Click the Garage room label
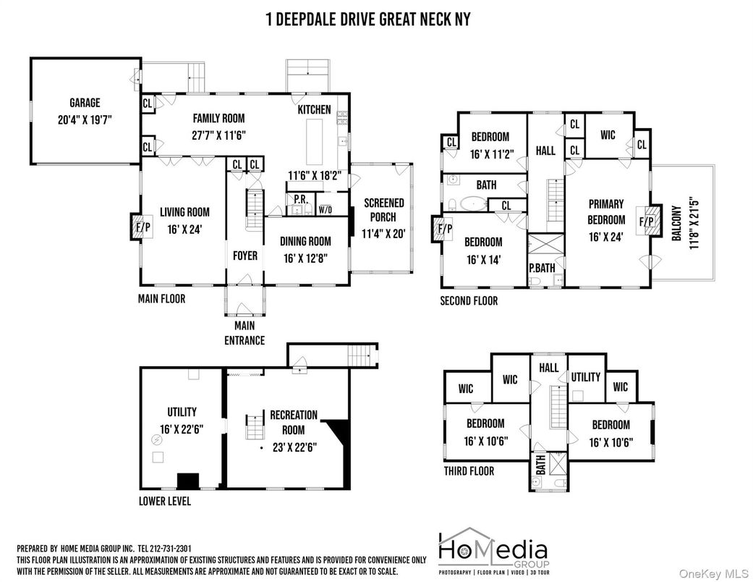85,103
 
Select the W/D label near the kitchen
325,210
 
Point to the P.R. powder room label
298,198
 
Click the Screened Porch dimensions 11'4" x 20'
383,233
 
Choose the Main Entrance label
244,334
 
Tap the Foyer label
245,256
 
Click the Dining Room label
305,242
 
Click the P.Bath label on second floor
541,267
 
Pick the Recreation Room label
294,421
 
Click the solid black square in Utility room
188,480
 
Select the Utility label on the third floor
585,377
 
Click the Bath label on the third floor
539,465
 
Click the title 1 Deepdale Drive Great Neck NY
368,19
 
